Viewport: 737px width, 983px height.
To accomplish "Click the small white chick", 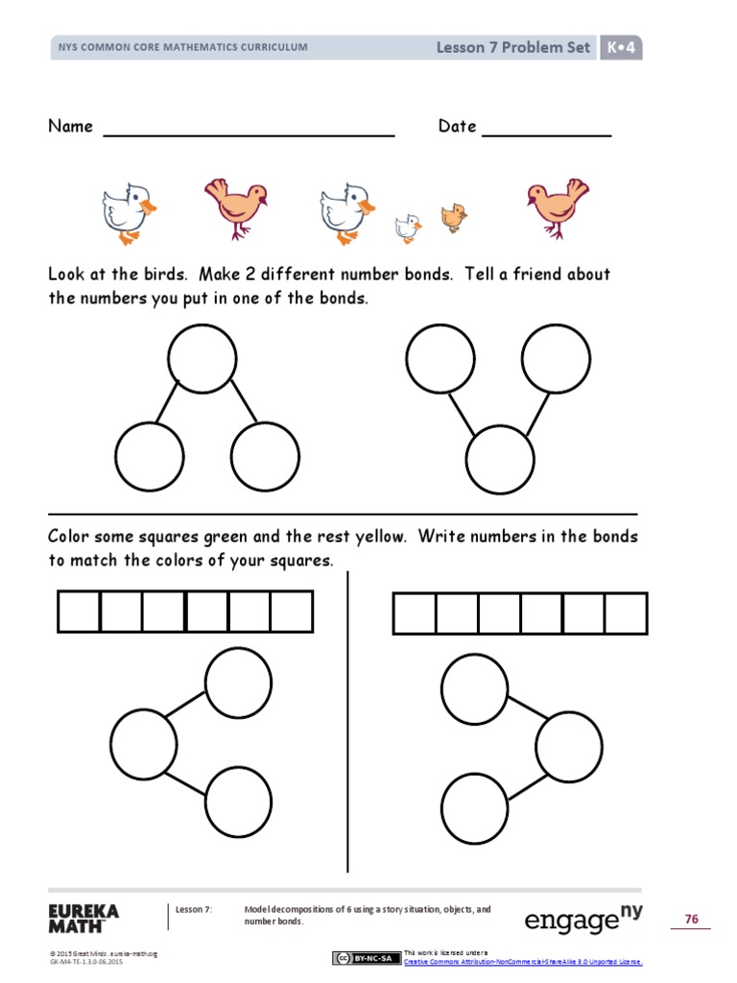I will pyautogui.click(x=408, y=228).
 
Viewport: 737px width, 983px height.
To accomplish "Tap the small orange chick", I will pyautogui.click(x=453, y=217).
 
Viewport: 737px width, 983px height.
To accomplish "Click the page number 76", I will pyautogui.click(x=691, y=920).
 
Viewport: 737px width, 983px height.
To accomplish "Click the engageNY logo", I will pyautogui.click(x=583, y=920).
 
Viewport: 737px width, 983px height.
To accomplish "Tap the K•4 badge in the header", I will pyautogui.click(x=621, y=47).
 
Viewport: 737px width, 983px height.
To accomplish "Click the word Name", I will pyautogui.click(x=71, y=127).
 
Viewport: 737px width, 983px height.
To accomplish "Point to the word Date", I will pyautogui.click(x=457, y=127).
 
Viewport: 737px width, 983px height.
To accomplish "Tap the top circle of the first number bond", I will pyautogui.click(x=202, y=359).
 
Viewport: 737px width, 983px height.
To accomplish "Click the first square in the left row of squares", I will pyautogui.click(x=79, y=611).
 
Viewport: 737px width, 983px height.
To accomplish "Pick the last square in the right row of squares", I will pyautogui.click(x=626, y=613).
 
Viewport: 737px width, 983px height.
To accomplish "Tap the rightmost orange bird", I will pyautogui.click(x=558, y=205).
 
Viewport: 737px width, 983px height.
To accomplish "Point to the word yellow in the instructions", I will pyautogui.click(x=376, y=537).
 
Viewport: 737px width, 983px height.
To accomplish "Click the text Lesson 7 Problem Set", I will pyautogui.click(x=513, y=47).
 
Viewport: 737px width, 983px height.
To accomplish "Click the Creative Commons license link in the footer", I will pyautogui.click(x=523, y=961).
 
